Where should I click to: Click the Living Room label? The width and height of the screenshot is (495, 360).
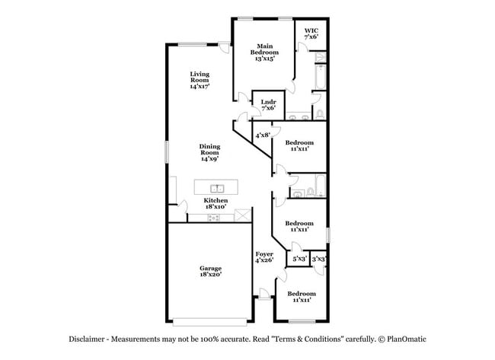click(200, 80)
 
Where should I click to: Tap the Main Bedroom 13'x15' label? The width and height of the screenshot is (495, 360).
click(264, 53)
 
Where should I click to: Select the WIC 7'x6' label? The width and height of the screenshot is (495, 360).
click(311, 33)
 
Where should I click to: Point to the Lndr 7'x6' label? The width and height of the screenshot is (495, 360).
click(269, 105)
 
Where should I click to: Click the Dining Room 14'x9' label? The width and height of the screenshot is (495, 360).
click(209, 152)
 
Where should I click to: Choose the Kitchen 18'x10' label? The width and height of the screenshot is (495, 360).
click(216, 203)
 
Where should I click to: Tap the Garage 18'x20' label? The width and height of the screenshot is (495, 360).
click(210, 272)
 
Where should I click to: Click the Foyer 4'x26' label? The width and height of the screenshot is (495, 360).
click(264, 257)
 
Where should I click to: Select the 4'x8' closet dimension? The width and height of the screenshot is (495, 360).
click(263, 135)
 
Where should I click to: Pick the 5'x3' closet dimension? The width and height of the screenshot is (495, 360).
click(299, 259)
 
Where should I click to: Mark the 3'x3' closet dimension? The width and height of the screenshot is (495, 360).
click(318, 259)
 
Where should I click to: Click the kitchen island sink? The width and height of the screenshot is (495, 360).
click(217, 189)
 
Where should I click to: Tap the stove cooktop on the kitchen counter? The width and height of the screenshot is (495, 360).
click(214, 218)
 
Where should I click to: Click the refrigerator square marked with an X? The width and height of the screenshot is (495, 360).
click(242, 215)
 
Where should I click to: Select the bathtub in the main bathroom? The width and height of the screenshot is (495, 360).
click(321, 77)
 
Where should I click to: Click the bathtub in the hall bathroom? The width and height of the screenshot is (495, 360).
click(321, 186)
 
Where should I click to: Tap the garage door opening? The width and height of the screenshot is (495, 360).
click(210, 322)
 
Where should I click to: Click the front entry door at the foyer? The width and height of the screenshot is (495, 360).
click(264, 293)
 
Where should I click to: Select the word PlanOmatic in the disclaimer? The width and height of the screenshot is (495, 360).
click(407, 339)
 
